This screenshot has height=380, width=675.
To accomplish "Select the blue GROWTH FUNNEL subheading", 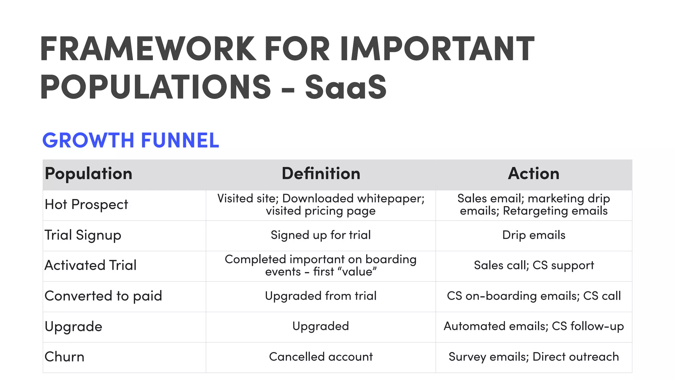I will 131,140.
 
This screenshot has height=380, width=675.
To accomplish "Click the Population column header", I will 88,174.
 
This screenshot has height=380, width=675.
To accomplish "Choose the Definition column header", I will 321,174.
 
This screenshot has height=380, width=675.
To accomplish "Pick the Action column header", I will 534,174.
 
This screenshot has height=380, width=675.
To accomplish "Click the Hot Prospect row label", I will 86,205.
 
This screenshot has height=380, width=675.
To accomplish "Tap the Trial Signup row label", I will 83,235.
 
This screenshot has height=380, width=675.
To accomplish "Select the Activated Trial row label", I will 90,265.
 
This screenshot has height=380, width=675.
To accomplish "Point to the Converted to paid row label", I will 103,296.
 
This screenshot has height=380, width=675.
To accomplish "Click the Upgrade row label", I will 73,327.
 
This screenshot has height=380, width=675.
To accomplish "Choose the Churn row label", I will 64,357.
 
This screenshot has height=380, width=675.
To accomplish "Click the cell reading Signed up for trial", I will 321,235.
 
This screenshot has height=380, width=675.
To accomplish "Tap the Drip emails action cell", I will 534,235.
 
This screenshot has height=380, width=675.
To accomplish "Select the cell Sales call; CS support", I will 534,265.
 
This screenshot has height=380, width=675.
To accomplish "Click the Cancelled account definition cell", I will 321,357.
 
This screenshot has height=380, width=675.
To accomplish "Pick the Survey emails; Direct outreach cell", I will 534,357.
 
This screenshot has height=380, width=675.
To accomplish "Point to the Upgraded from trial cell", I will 321,296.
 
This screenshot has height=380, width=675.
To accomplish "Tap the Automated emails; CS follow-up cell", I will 534,326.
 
